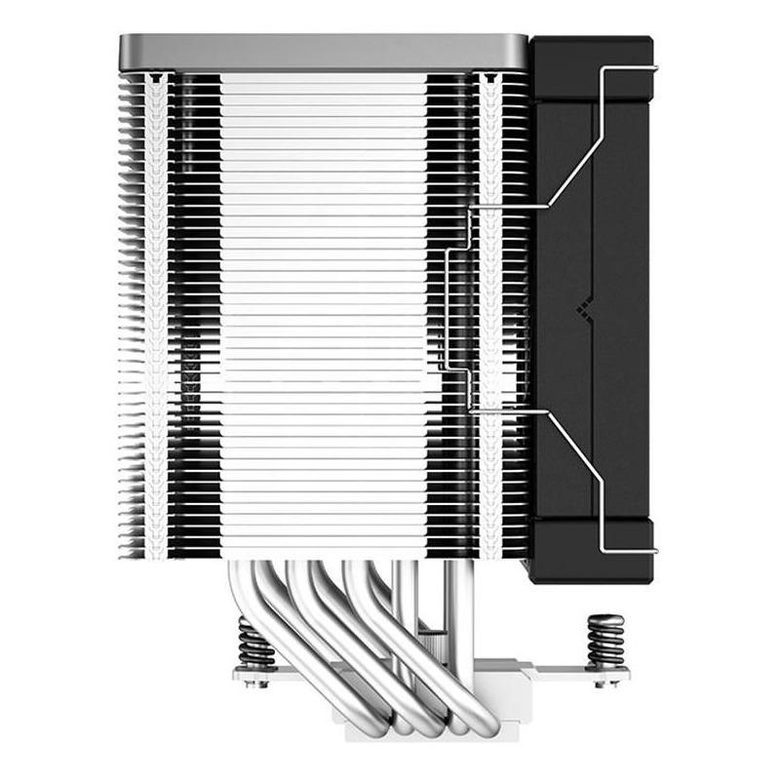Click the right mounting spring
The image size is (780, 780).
[605, 638]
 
